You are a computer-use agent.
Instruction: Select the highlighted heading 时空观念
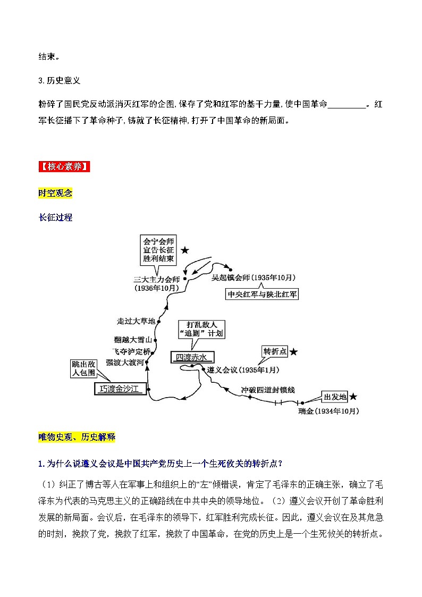(x=55, y=193)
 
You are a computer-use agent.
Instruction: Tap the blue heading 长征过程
(x=55, y=217)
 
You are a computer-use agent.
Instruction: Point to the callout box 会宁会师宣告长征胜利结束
(x=159, y=250)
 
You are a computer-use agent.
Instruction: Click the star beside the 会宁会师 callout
(x=184, y=250)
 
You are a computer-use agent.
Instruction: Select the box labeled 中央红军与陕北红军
(x=262, y=294)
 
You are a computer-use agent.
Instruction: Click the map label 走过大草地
(x=137, y=321)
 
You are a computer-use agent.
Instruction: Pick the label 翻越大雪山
(x=133, y=339)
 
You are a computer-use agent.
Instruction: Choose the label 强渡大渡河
(x=125, y=363)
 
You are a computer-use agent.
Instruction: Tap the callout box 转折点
(x=275, y=351)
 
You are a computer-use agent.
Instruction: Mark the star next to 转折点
(x=293, y=352)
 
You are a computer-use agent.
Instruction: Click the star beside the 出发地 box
(x=353, y=397)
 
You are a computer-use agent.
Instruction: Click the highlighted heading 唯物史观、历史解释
(x=77, y=437)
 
